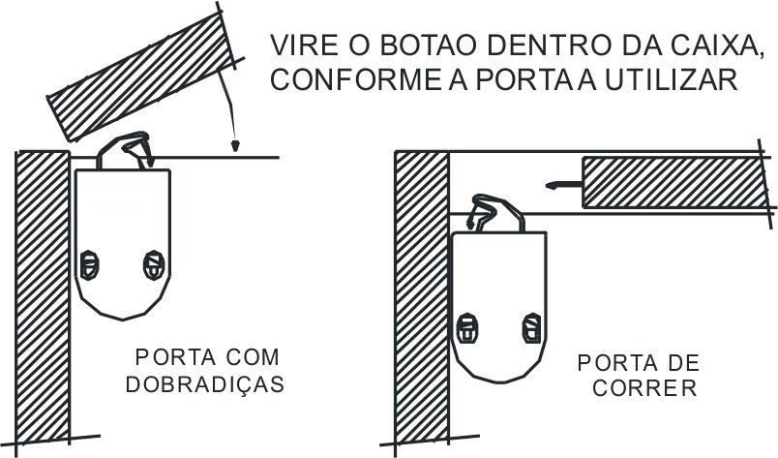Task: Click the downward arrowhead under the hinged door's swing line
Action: pos(233,147)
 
